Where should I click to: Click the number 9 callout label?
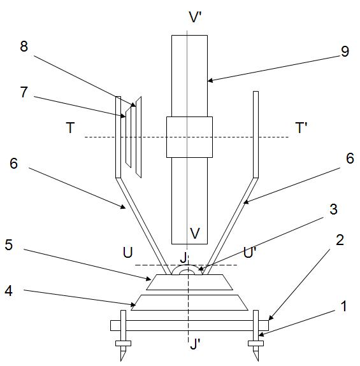(x=345, y=52)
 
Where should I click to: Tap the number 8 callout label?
(x=24, y=46)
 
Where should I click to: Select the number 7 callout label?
(x=24, y=92)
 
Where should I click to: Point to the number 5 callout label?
(x=9, y=245)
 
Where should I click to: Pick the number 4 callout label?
(x=9, y=291)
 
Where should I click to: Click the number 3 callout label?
(x=334, y=209)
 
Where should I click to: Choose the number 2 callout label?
(x=340, y=240)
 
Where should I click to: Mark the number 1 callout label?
(x=343, y=306)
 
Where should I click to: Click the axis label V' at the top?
(x=196, y=17)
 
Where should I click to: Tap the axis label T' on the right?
(x=301, y=128)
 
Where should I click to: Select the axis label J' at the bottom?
(x=196, y=344)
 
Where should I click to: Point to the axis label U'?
(x=250, y=252)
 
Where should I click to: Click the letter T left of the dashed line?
(x=70, y=128)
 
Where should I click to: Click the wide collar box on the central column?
(x=189, y=137)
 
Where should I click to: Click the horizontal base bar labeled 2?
(x=189, y=325)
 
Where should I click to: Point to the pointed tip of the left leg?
(x=121, y=361)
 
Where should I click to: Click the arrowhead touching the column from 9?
(x=210, y=81)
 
